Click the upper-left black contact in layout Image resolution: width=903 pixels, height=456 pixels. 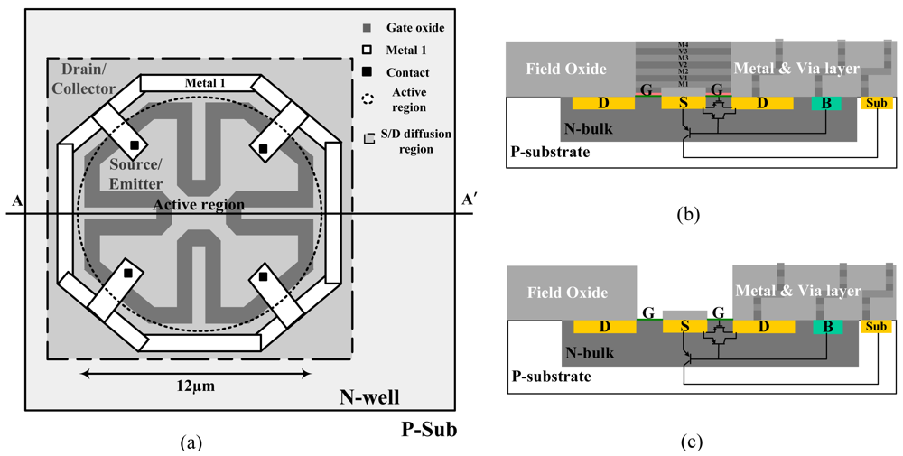(134, 144)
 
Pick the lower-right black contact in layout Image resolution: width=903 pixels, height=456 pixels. (263, 277)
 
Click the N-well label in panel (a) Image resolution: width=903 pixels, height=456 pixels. (369, 397)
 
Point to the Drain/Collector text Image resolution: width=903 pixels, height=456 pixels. (88, 79)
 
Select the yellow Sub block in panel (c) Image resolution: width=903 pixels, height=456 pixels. (877, 326)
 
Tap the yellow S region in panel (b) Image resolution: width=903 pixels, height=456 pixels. (684, 104)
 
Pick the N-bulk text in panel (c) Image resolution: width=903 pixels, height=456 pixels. (591, 353)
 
